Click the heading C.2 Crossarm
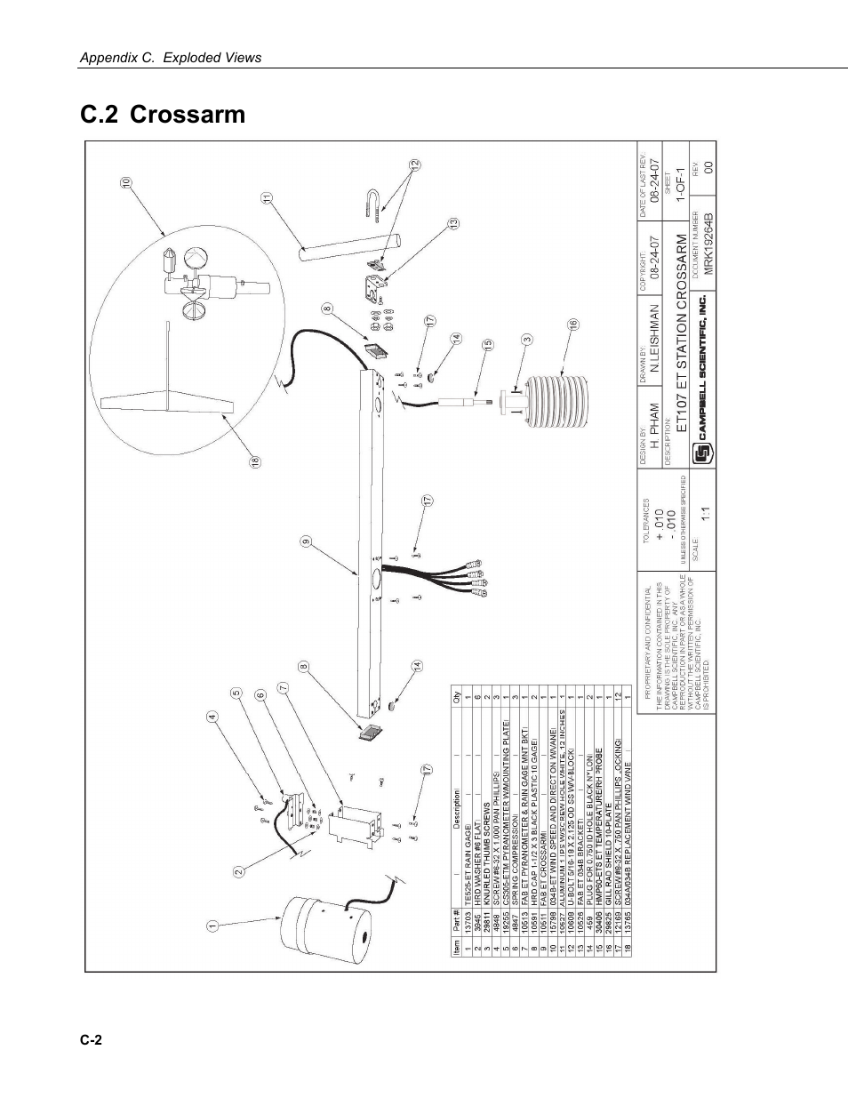coord(163,116)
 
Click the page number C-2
coord(92,1040)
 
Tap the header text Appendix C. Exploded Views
coord(171,58)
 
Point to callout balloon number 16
coord(573,325)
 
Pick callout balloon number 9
coord(305,541)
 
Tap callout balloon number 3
coord(527,339)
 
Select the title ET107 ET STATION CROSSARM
coord(682,333)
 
